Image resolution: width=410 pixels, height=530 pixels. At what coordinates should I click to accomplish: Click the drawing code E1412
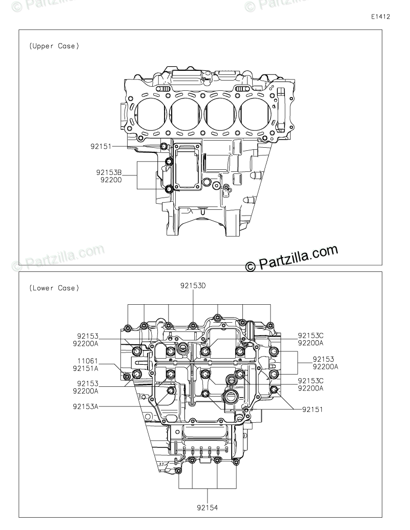click(381, 17)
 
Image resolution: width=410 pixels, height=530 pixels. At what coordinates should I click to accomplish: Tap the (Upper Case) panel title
click(54, 46)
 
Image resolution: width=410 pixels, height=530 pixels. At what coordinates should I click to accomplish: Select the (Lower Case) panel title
click(54, 288)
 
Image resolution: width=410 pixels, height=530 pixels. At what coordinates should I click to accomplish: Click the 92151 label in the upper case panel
click(101, 146)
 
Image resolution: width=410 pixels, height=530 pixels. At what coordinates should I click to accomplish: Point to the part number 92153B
click(109, 172)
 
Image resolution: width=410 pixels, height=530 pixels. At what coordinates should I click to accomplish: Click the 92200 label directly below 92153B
click(111, 180)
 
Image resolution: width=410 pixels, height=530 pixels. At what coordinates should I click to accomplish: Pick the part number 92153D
click(193, 286)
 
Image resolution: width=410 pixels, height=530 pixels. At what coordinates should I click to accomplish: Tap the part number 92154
click(208, 508)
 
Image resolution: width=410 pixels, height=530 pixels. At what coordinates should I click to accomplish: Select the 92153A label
click(86, 407)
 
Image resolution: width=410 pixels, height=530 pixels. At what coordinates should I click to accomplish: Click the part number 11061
click(88, 362)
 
